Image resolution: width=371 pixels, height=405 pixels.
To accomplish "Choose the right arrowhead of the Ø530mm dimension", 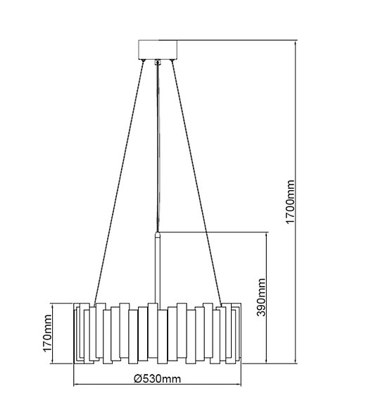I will [x=240, y=384].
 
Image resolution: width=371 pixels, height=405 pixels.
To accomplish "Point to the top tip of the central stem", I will [x=158, y=234].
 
